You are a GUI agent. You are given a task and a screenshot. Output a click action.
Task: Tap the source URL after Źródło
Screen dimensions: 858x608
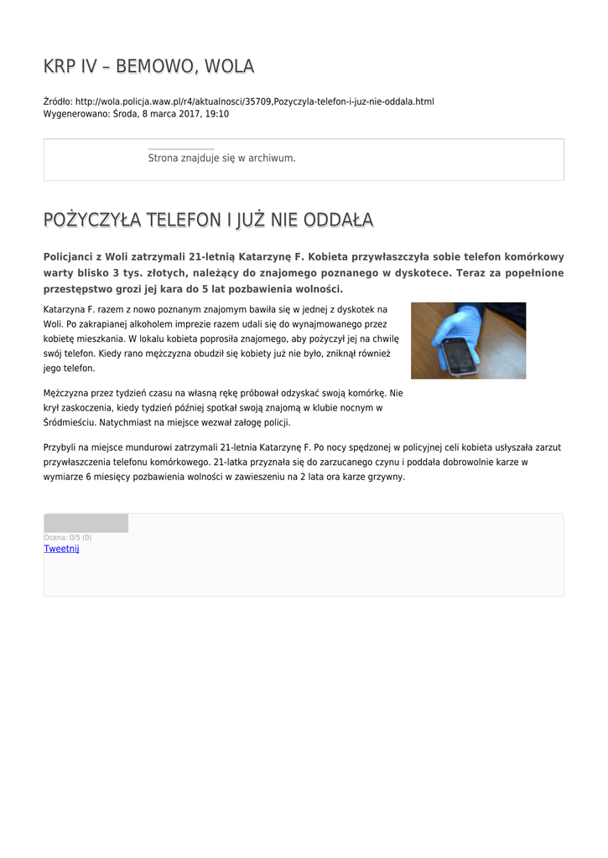tap(254, 101)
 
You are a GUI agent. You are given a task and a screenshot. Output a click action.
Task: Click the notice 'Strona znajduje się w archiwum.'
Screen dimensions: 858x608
tap(221, 158)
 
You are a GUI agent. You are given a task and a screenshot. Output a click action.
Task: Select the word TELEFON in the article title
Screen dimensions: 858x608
tap(183, 220)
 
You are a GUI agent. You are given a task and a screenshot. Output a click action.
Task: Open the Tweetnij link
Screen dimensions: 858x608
tap(61, 548)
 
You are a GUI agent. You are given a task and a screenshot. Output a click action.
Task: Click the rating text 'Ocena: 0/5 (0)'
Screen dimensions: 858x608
tap(67, 537)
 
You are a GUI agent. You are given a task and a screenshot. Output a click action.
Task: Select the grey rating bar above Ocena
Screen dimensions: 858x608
tap(86, 523)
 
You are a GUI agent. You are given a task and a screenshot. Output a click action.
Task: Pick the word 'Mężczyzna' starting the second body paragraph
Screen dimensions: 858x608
tap(66, 392)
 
